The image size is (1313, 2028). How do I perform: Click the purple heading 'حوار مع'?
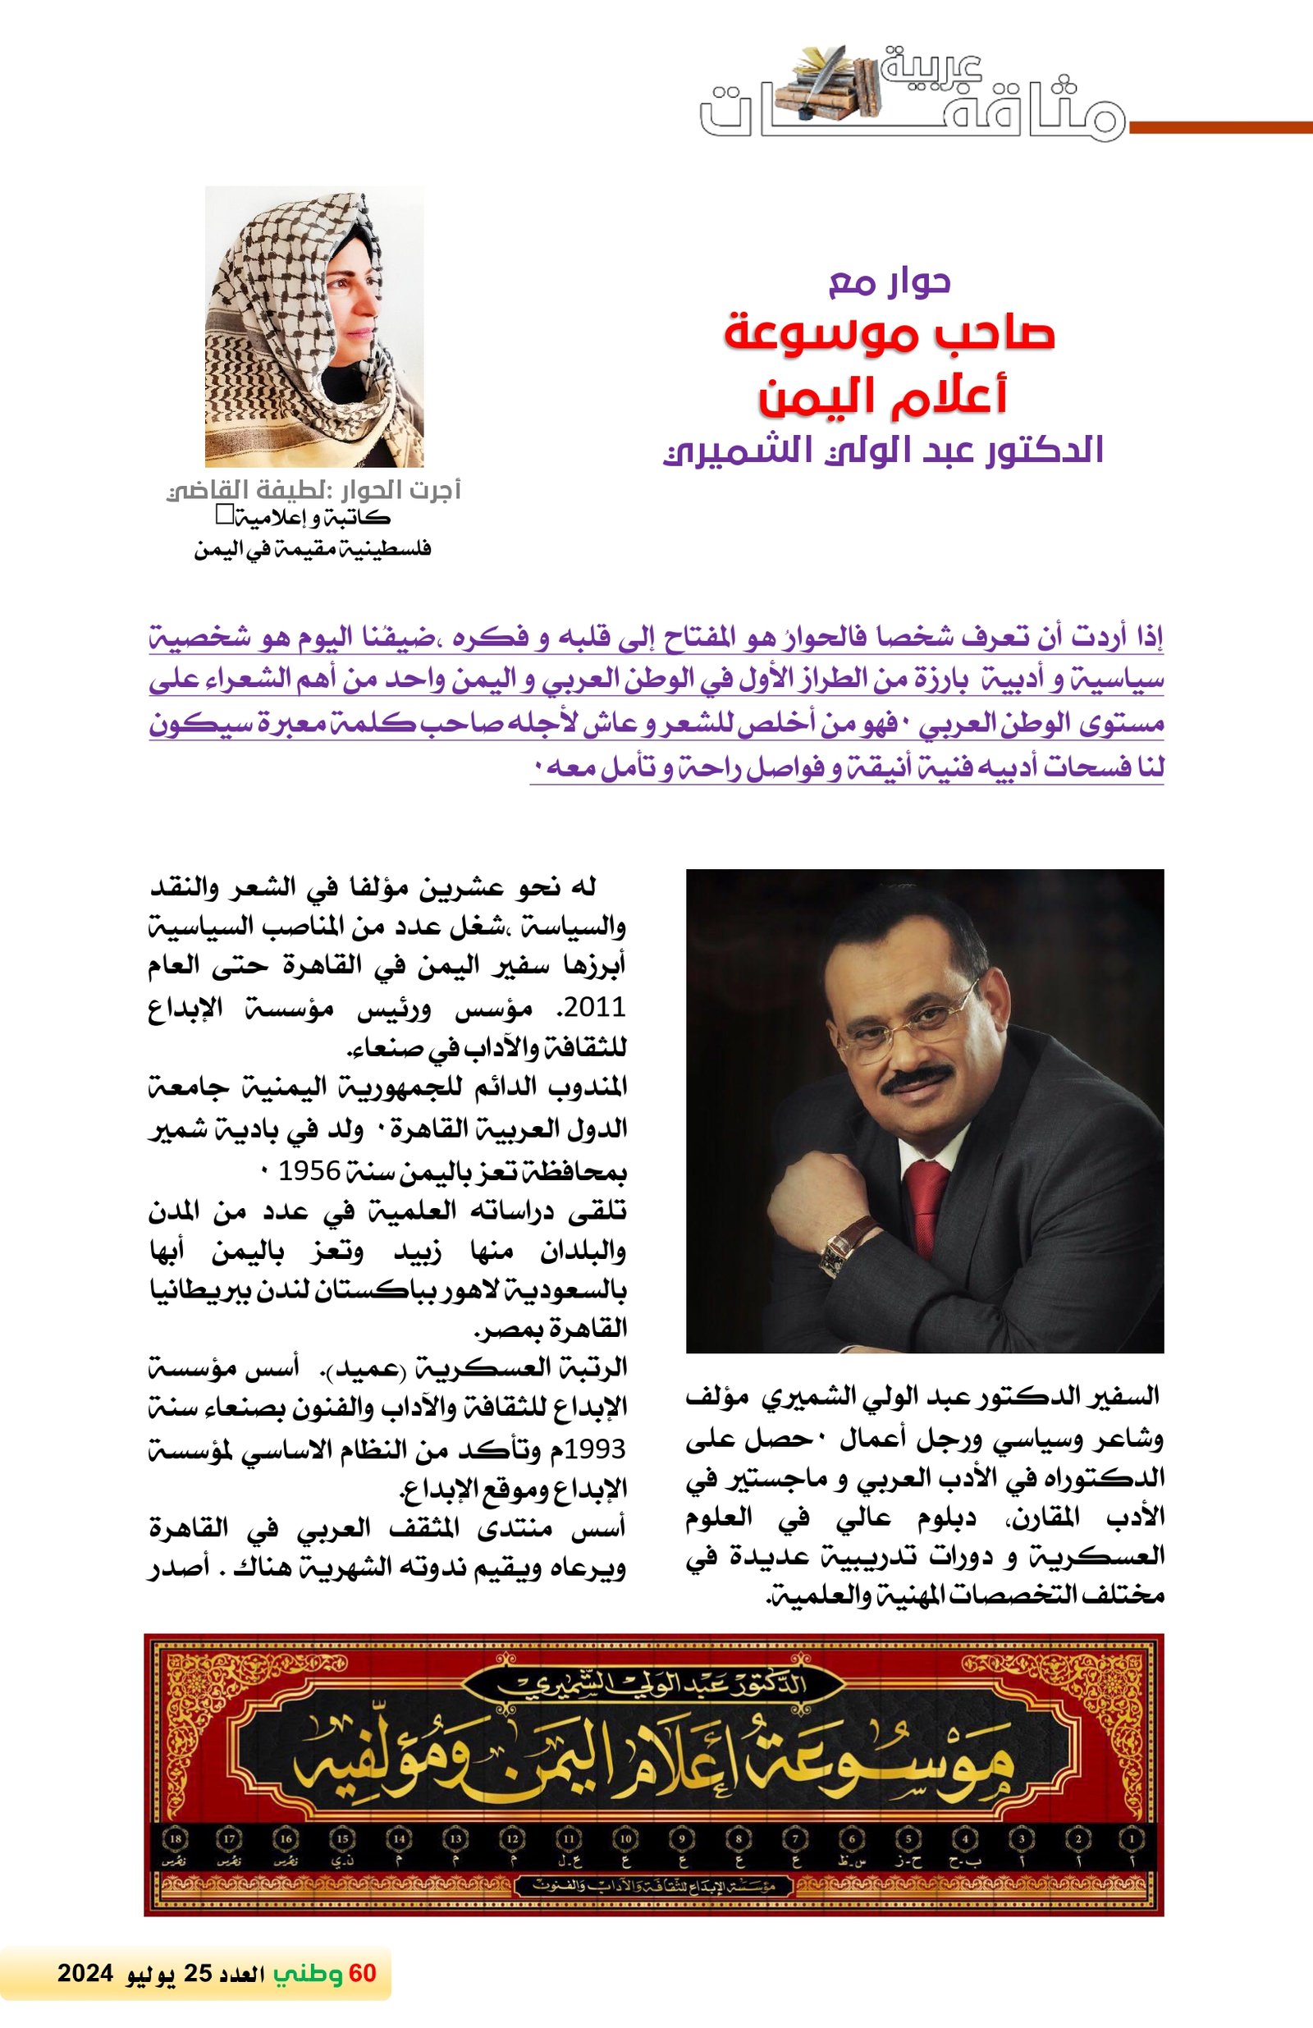tap(890, 282)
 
